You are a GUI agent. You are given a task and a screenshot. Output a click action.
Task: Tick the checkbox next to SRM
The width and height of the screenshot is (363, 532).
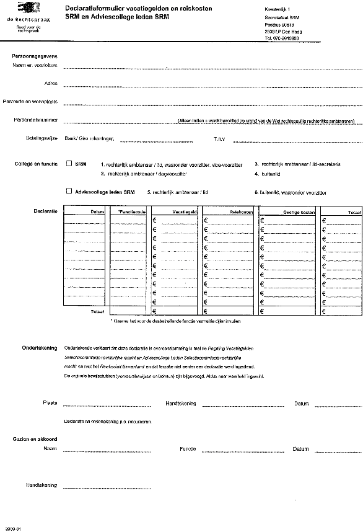click(69, 164)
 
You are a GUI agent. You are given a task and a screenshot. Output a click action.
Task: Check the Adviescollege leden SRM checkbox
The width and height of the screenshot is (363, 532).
click(69, 192)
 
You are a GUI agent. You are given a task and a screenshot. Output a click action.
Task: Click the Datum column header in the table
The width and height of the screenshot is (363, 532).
click(97, 212)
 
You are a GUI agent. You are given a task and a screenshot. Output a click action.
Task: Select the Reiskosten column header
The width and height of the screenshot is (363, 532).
click(241, 212)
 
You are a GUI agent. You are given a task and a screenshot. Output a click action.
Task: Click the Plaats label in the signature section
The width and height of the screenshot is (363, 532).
click(50, 402)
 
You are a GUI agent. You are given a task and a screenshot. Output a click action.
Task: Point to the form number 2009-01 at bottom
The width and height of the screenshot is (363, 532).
click(13, 528)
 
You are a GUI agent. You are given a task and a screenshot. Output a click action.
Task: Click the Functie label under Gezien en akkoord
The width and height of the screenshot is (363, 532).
click(187, 448)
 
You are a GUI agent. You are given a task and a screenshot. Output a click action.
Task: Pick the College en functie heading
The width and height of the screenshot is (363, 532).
click(36, 164)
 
